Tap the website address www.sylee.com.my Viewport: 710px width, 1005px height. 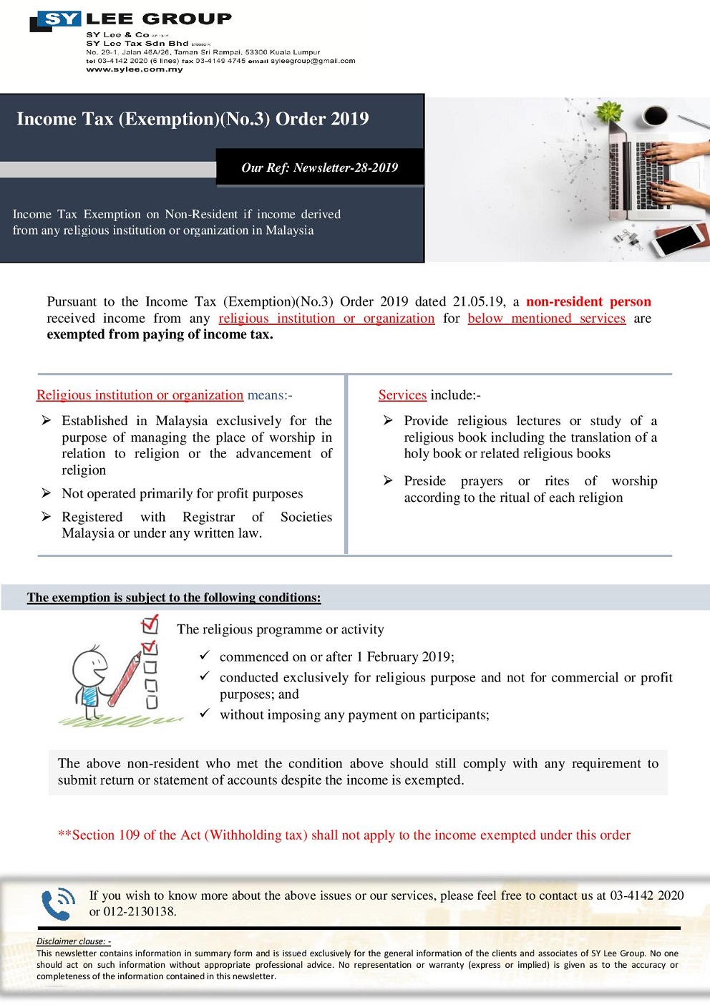135,69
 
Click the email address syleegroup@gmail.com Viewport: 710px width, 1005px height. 313,61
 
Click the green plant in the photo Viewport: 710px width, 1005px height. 609,112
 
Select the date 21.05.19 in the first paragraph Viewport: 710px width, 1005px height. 478,301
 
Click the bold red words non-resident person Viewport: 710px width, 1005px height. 588,301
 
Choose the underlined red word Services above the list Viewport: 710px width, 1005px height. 402,395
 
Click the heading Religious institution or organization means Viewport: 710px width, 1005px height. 164,395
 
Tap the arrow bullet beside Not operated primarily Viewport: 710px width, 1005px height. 47,493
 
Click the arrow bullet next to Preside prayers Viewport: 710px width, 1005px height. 388,481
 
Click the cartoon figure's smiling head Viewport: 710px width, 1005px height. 90,664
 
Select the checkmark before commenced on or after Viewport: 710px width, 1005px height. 205,655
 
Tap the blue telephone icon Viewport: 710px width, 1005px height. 58,903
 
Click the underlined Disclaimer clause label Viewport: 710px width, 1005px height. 73,941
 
